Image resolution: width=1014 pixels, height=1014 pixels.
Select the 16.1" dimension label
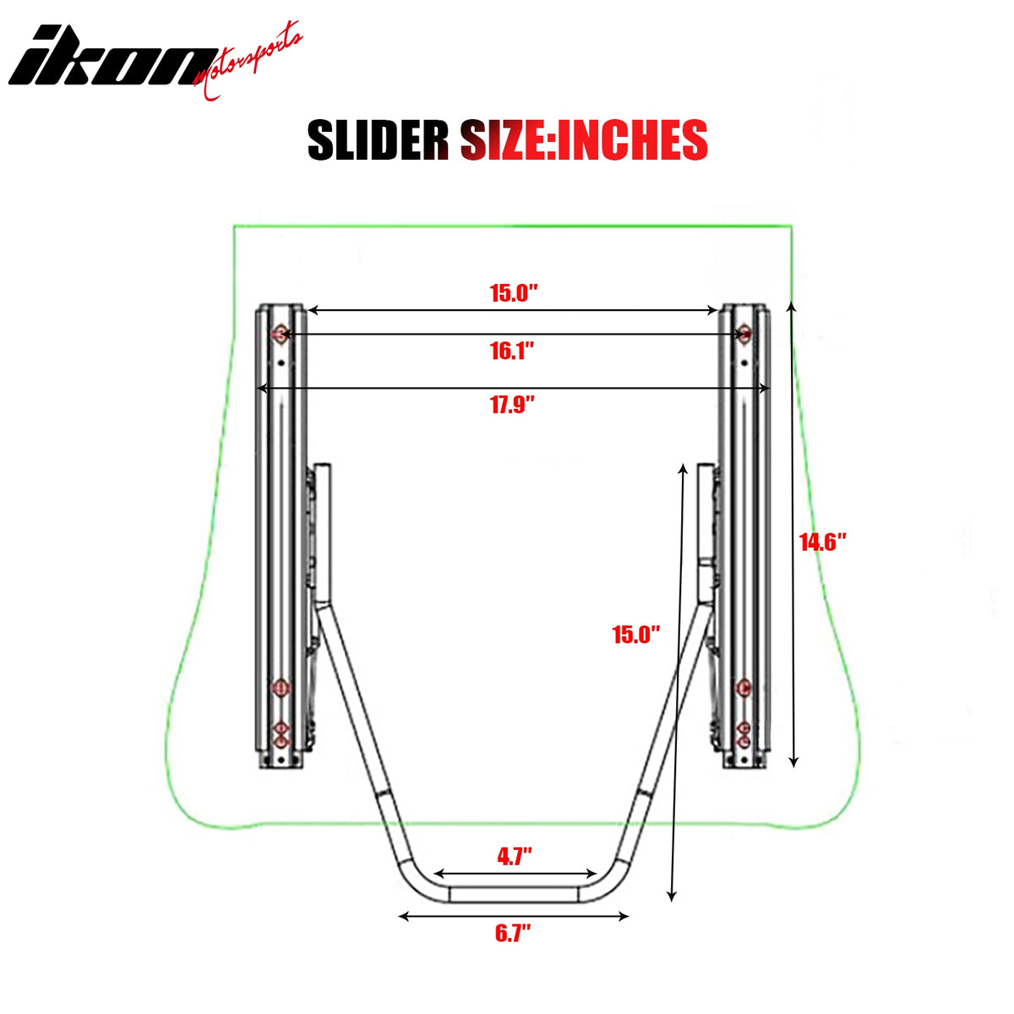[x=512, y=350]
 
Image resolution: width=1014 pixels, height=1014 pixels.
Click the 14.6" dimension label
[x=823, y=542]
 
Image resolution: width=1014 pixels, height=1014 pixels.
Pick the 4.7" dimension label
[x=514, y=856]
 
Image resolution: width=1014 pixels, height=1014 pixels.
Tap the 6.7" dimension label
[x=512, y=934]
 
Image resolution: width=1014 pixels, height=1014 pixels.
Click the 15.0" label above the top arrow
[x=514, y=293]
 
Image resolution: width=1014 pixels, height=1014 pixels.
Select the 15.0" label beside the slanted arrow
[x=635, y=635]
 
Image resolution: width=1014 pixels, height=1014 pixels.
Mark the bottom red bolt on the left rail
[x=280, y=741]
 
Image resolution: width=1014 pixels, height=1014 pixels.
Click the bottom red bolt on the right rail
[x=744, y=741]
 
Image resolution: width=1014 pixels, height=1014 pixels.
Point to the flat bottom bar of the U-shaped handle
[x=514, y=894]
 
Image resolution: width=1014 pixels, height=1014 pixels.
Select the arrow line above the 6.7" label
[x=514, y=915]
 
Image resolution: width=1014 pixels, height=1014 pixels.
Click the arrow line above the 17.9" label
[x=512, y=388]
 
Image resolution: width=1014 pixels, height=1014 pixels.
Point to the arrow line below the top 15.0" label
[x=512, y=311]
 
